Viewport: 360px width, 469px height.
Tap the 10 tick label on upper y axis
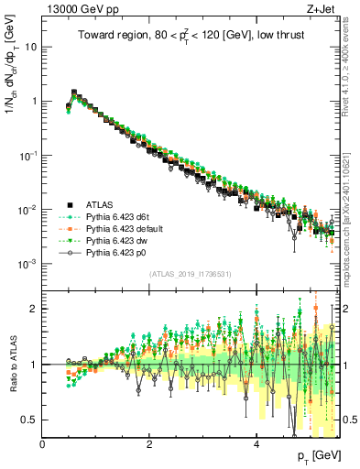[x=31, y=46]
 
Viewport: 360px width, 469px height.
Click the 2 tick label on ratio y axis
[x=34, y=309]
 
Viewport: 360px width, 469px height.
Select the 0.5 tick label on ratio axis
[x=29, y=420]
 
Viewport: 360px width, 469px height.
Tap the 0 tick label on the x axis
[x=42, y=444]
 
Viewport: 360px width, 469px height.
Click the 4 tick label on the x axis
[x=257, y=444]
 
